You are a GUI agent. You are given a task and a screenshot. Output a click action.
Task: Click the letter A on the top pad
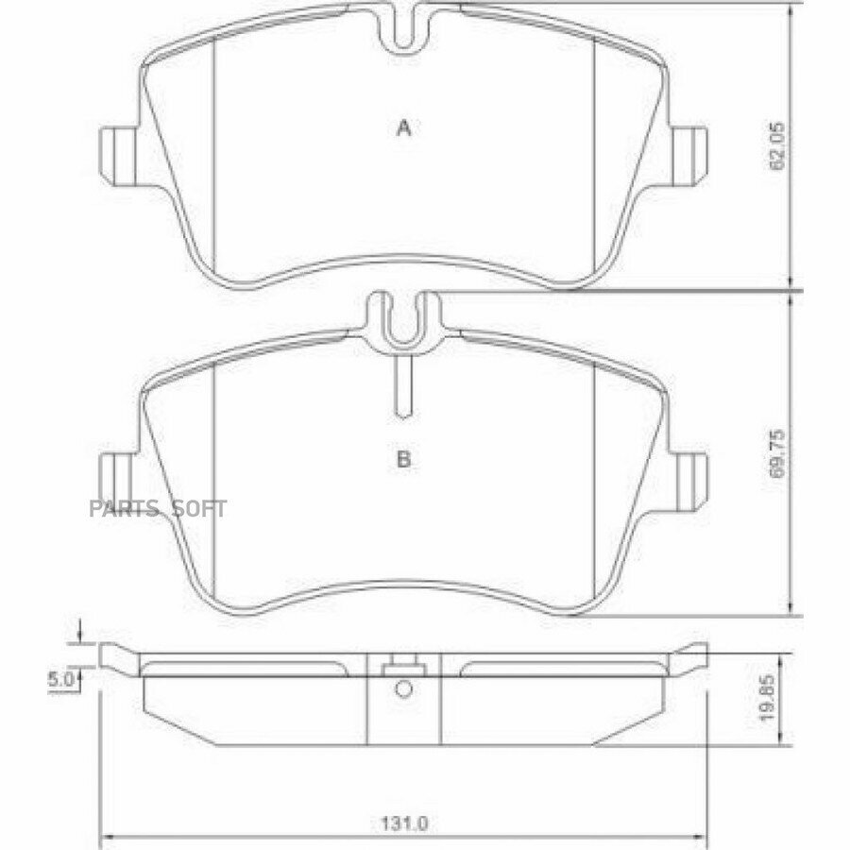click(404, 128)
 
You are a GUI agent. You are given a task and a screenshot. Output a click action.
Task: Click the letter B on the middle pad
click(404, 460)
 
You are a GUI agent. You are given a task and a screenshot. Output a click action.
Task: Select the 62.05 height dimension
click(777, 145)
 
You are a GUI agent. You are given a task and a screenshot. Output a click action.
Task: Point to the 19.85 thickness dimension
click(766, 698)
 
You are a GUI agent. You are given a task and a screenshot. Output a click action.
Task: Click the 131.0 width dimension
click(404, 824)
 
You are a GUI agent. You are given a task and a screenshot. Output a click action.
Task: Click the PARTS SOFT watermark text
click(158, 509)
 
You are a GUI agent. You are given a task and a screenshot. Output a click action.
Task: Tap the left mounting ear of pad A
click(119, 155)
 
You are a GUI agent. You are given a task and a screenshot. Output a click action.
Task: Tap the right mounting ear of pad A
click(689, 155)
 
